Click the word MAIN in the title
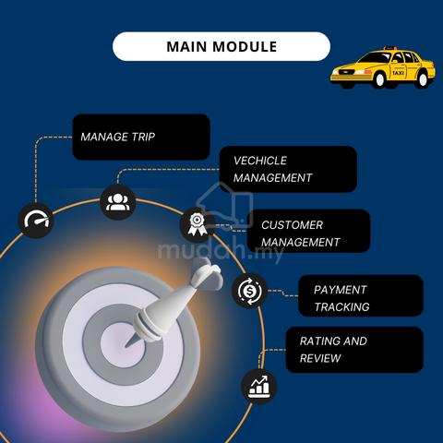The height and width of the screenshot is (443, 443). [x=186, y=47]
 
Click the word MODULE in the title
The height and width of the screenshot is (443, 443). [x=245, y=47]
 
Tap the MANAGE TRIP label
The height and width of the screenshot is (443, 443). [x=118, y=137]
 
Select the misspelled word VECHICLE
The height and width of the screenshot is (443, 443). [x=260, y=161]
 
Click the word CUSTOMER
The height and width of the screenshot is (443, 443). [x=292, y=225]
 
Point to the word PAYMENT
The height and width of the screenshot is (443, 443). [x=341, y=290]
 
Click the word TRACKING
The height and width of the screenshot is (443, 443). [x=341, y=306]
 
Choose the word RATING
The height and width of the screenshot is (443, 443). [x=318, y=341]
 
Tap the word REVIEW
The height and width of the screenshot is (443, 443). [x=320, y=358]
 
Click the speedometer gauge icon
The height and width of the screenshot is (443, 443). [x=36, y=221]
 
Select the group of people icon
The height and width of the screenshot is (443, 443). [x=118, y=202]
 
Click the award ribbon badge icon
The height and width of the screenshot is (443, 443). [x=196, y=224]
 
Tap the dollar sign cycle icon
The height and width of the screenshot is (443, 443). [x=249, y=291]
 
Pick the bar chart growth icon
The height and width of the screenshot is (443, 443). [x=259, y=387]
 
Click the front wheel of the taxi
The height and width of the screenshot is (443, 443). [x=379, y=79]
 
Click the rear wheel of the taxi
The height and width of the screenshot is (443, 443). [x=423, y=79]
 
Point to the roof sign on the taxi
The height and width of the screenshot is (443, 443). [x=389, y=48]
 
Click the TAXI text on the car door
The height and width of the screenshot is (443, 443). [x=398, y=73]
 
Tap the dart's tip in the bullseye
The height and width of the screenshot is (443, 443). [x=126, y=346]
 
